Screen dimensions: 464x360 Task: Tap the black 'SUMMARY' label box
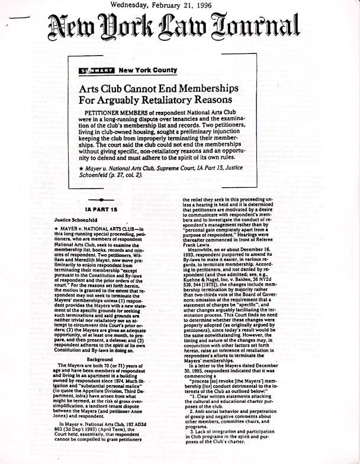pyautogui.click(x=97, y=71)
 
